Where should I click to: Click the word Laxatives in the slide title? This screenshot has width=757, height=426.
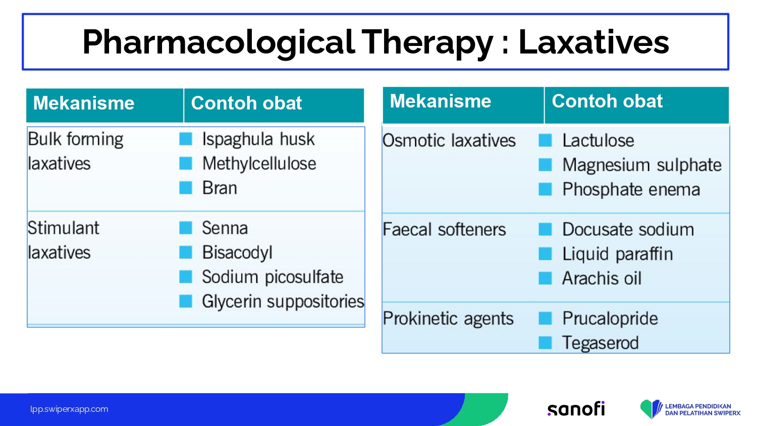[x=594, y=42]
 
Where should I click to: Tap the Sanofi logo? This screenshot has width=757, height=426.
[x=576, y=409]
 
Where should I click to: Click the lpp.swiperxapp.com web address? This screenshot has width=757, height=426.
[x=69, y=409]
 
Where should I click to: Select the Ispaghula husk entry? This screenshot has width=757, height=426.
[x=258, y=139]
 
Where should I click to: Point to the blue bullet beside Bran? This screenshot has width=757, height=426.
[x=186, y=188]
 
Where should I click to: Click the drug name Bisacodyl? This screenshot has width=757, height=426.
[x=237, y=252]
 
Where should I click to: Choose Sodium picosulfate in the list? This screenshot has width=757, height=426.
[x=273, y=277]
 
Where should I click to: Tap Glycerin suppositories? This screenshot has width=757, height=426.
[x=283, y=301]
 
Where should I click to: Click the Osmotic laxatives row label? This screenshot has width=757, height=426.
[x=449, y=140]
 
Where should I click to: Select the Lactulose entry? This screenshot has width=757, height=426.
[x=598, y=140]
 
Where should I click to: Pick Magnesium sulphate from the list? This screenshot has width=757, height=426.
[x=642, y=165]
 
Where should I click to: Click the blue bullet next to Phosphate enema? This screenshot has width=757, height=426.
[x=545, y=189]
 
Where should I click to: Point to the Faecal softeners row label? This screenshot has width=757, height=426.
[x=444, y=230]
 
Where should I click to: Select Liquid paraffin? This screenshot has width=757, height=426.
[x=617, y=254]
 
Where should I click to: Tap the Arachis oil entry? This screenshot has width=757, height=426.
[x=602, y=278]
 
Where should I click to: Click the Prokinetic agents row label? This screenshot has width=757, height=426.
[x=448, y=318]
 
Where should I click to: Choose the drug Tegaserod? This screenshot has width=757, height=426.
[x=601, y=343]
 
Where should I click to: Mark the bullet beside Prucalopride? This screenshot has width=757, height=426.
[x=545, y=318]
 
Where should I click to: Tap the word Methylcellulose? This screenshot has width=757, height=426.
[x=259, y=164]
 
